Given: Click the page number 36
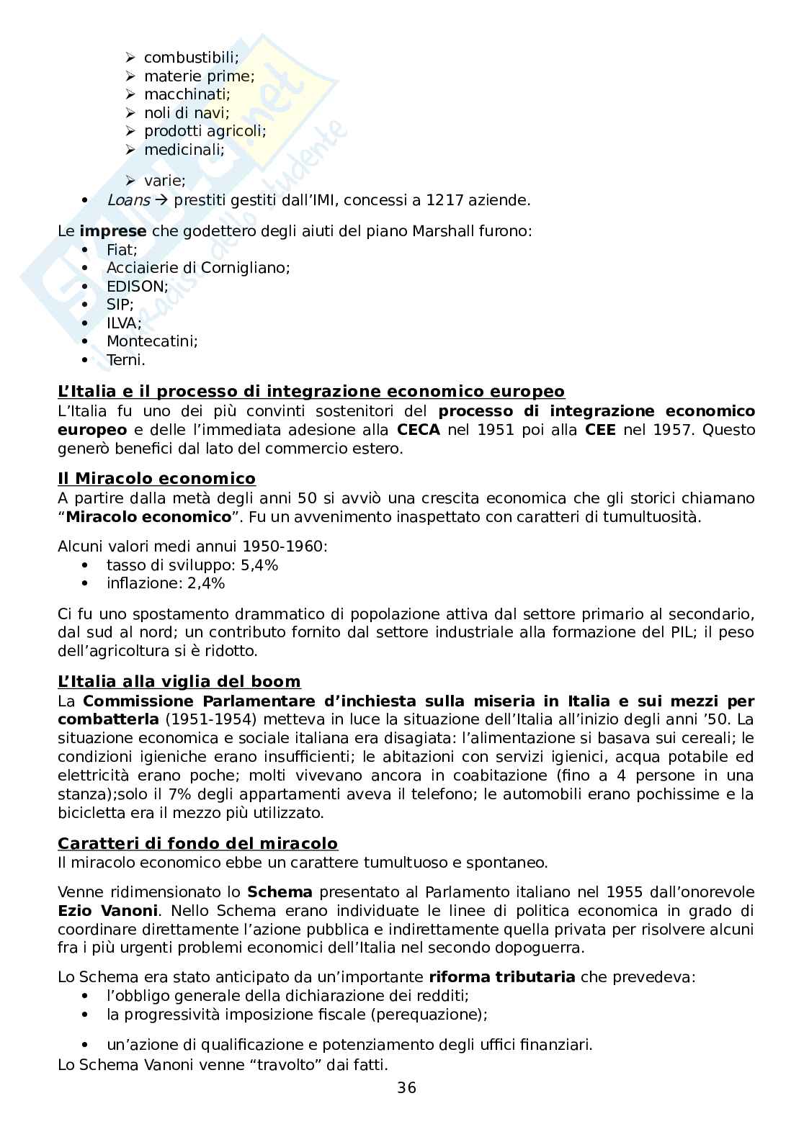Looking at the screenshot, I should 406,1087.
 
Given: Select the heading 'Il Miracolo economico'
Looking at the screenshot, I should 156,479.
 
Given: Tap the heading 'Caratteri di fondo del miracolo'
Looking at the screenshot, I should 197,843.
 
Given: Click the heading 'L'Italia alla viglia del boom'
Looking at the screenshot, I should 179,681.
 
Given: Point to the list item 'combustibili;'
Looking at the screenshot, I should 191,57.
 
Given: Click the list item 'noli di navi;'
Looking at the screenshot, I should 186,112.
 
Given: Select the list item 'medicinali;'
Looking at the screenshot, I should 184,150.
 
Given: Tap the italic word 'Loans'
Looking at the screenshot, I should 128,200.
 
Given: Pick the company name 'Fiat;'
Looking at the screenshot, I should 122,249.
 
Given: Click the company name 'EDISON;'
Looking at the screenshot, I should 137,286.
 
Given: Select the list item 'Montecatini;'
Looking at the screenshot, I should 152,341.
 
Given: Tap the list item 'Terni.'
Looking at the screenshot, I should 125,360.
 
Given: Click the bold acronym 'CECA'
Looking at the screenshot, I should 419,430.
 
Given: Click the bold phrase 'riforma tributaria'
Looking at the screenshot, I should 501,977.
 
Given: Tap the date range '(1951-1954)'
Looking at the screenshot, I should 202,719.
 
